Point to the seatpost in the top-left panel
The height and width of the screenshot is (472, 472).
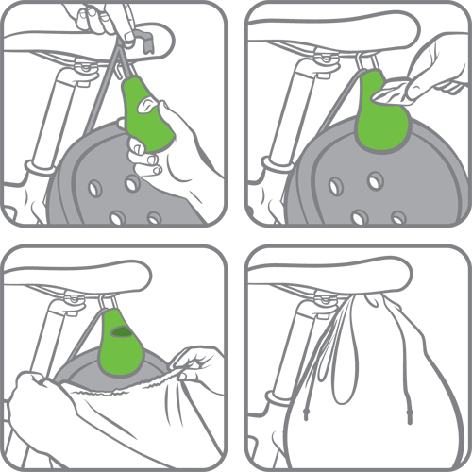47,113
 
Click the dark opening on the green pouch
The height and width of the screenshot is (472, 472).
121,332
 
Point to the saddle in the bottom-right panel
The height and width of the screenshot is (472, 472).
321,274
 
